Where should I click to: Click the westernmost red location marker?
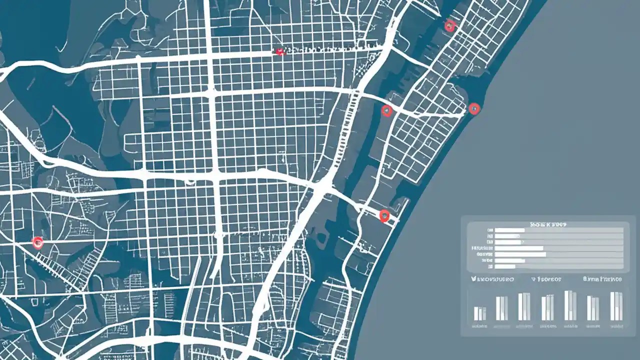pos(37,243)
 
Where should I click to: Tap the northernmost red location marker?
pos(450,26)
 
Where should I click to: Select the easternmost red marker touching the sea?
pos(474,108)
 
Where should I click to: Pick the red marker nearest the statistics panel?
pos(384,216)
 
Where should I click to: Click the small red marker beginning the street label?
pos(280,51)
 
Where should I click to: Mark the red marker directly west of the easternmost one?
pos(386,110)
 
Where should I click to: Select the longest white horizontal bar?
pos(520,254)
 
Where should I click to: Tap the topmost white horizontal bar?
pos(509,230)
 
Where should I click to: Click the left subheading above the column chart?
pos(492,279)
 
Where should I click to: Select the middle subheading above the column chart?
pos(547,279)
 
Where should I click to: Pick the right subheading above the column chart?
pos(602,279)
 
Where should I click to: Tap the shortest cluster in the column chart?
pos(479,313)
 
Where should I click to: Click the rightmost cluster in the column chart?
pos(616,306)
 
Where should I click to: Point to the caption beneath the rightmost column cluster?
pos(616,325)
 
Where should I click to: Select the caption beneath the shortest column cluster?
pos(479,325)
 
